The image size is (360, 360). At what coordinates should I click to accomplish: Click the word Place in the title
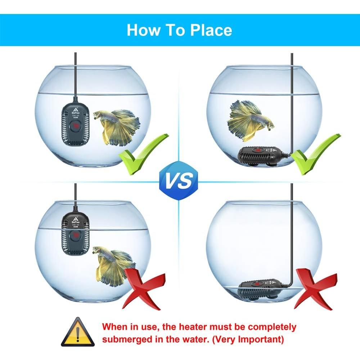coord(211,30)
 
